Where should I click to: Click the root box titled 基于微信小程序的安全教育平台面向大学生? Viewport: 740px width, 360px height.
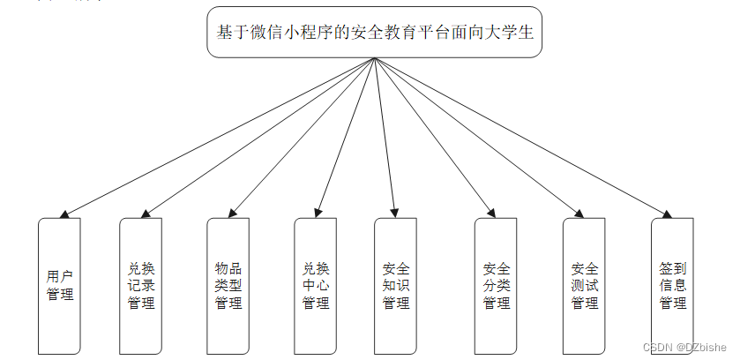pyautogui.click(x=374, y=33)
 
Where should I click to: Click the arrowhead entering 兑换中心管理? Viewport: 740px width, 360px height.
pyautogui.click(x=318, y=212)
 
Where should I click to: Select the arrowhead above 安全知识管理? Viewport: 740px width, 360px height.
pyautogui.click(x=394, y=212)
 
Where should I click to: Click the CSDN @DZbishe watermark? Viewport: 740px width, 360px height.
pyautogui.click(x=684, y=348)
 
